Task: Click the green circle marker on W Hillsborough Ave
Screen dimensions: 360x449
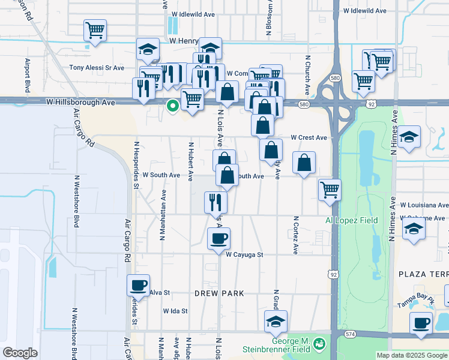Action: point(173,107)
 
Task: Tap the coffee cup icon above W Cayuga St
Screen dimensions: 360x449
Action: point(218,238)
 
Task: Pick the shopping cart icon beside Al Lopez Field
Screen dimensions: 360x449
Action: point(330,189)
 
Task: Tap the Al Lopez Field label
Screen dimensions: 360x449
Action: point(352,220)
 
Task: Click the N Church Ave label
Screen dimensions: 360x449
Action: point(307,76)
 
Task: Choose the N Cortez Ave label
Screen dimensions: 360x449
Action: point(296,235)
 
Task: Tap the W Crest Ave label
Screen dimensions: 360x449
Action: point(309,137)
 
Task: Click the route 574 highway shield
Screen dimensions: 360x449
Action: point(351,334)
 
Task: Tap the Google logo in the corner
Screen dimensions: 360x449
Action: point(20,352)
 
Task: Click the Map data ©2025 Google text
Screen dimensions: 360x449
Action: point(412,355)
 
